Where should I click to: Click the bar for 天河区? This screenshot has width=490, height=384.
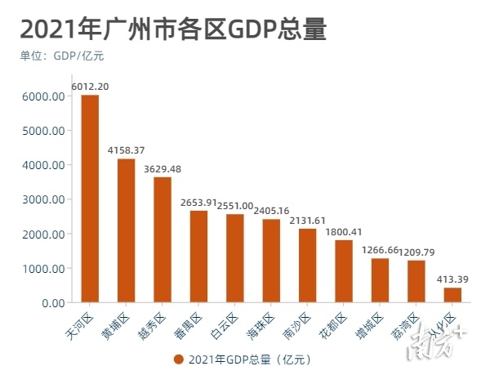pyautogui.click(x=90, y=199)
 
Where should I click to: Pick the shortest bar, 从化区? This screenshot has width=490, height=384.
pyautogui.click(x=452, y=295)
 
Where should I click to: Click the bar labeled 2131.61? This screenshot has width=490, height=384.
pyautogui.click(x=307, y=266)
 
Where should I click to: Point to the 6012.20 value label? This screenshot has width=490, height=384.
pyautogui.click(x=90, y=86)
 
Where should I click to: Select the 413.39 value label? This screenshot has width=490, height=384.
pyautogui.click(x=452, y=279)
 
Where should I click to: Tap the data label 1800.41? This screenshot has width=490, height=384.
pyautogui.click(x=343, y=231)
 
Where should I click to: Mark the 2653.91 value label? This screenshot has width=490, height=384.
pyautogui.click(x=198, y=202)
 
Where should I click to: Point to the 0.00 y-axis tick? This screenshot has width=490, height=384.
pyautogui.click(x=51, y=303)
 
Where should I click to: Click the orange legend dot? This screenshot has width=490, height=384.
pyautogui.click(x=178, y=359)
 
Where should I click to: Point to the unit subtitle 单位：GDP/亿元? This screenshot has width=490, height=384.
pyautogui.click(x=62, y=56)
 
